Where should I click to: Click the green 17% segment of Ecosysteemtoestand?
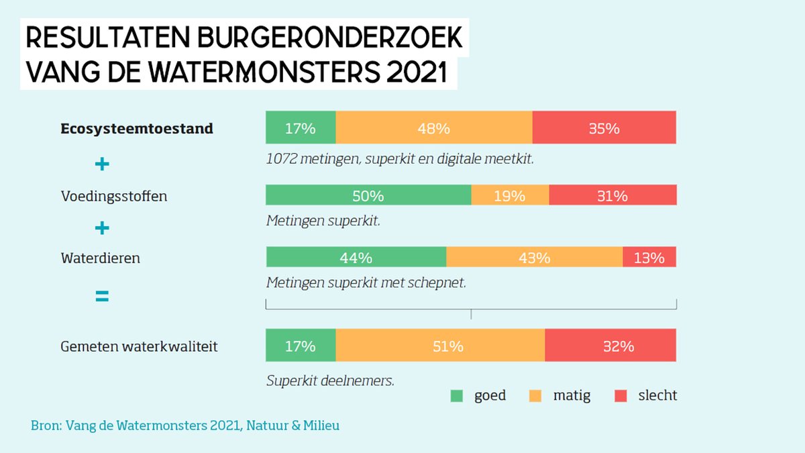pos(301,128)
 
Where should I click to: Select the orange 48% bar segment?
pos(433,128)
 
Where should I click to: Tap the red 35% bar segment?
pos(604,128)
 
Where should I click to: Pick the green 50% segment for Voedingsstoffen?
pos(368,195)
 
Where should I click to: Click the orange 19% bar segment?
pos(510,195)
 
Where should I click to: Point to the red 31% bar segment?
pos(612,195)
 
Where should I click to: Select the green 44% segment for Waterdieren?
pos(356,257)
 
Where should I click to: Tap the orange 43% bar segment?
pos(534,257)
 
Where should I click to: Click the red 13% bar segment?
pos(649,257)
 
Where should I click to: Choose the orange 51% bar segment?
pos(440,346)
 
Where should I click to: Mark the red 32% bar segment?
pos(610,346)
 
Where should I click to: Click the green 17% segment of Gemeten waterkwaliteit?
pos(301,346)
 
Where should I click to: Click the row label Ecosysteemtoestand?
pos(137,128)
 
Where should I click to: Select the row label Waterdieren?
pos(101,258)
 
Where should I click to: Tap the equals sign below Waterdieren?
pos(102,296)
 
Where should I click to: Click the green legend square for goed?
pos(457,396)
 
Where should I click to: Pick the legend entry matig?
pos(572,395)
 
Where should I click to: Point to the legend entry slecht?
pos(657,395)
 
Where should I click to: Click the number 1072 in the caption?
pos(282,160)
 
